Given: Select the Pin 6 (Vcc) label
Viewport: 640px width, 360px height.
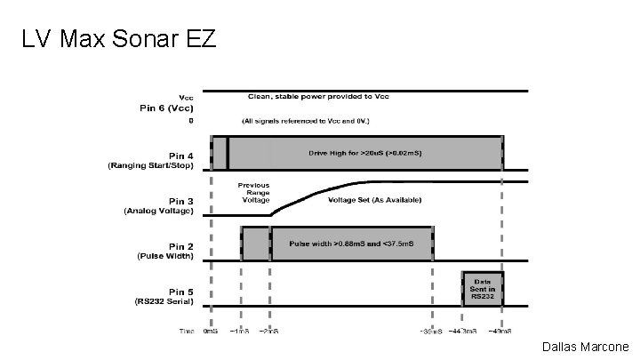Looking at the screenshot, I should [x=164, y=108].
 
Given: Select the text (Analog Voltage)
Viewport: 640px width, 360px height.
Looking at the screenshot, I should [x=158, y=212].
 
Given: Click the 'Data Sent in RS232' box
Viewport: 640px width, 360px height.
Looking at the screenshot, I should [x=482, y=287].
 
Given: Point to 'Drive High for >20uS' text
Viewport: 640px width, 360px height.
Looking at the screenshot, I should [x=364, y=153].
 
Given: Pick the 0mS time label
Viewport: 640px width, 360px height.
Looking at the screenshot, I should [x=211, y=331].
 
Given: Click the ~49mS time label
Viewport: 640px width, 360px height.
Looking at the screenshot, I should [x=503, y=331].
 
